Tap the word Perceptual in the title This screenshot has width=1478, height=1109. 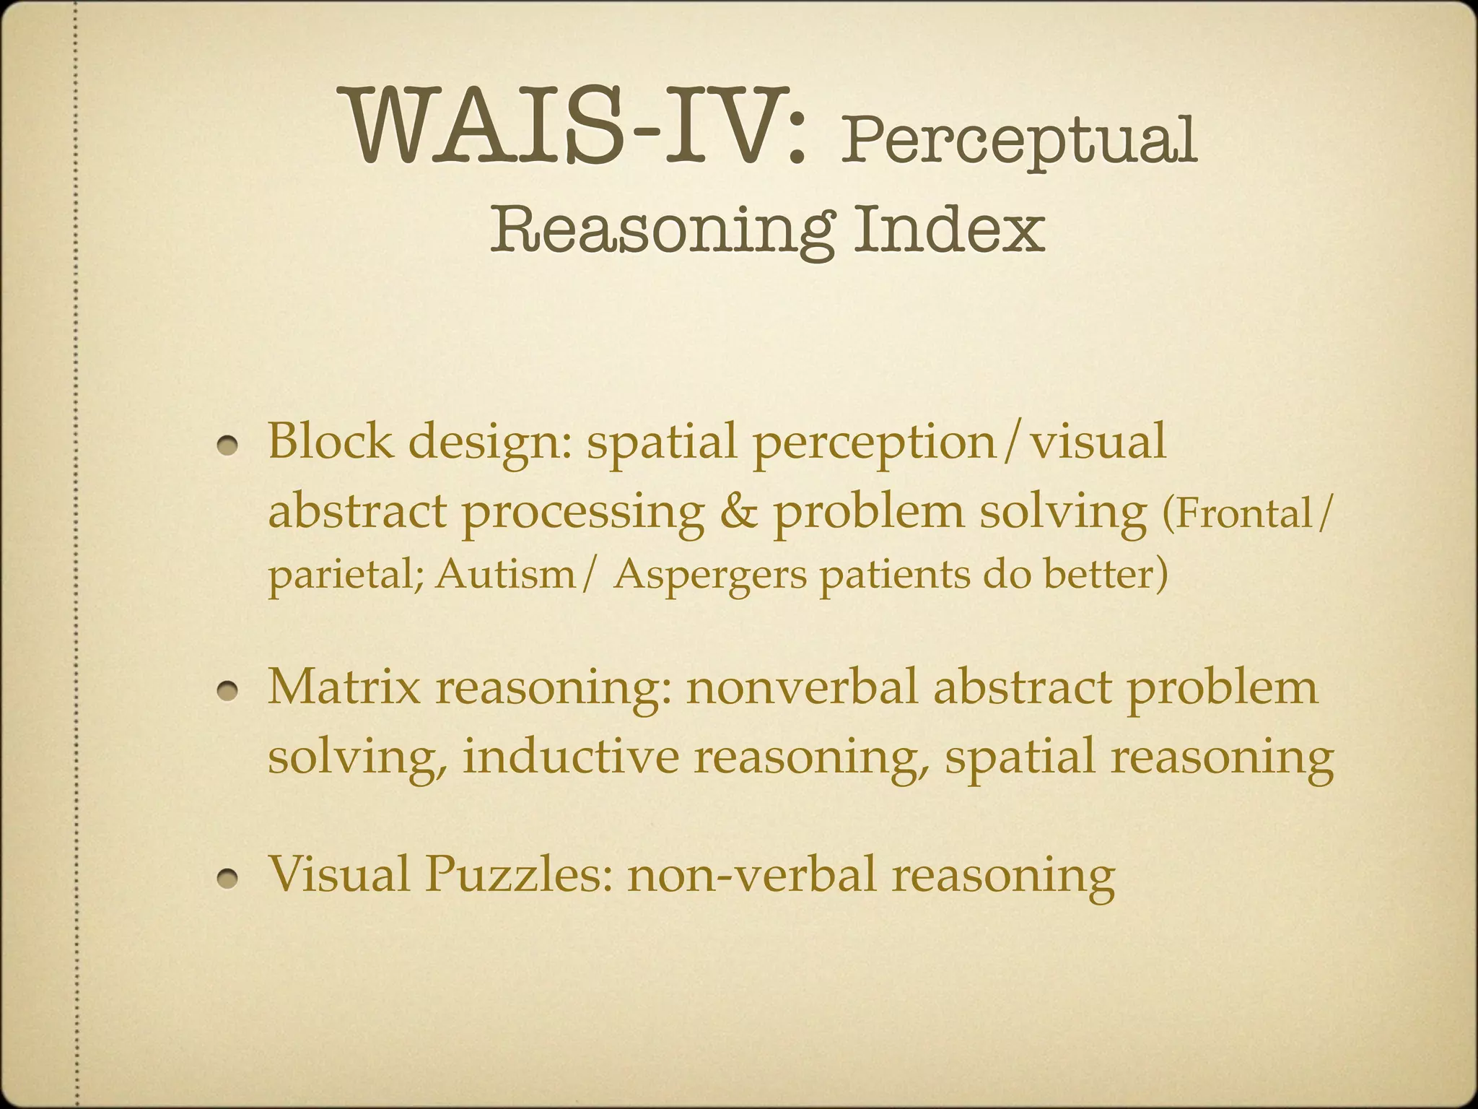pos(1018,141)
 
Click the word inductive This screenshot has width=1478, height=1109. pos(570,757)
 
